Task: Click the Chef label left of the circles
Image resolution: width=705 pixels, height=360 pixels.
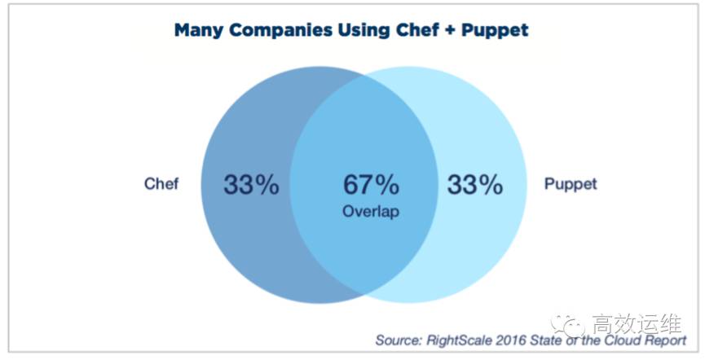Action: click(161, 184)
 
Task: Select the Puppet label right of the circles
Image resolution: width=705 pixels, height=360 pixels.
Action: click(571, 184)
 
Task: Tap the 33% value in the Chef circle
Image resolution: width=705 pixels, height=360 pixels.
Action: click(251, 185)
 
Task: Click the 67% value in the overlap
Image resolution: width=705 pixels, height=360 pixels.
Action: click(371, 185)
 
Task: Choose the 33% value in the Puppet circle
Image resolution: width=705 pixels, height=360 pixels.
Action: click(474, 185)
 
